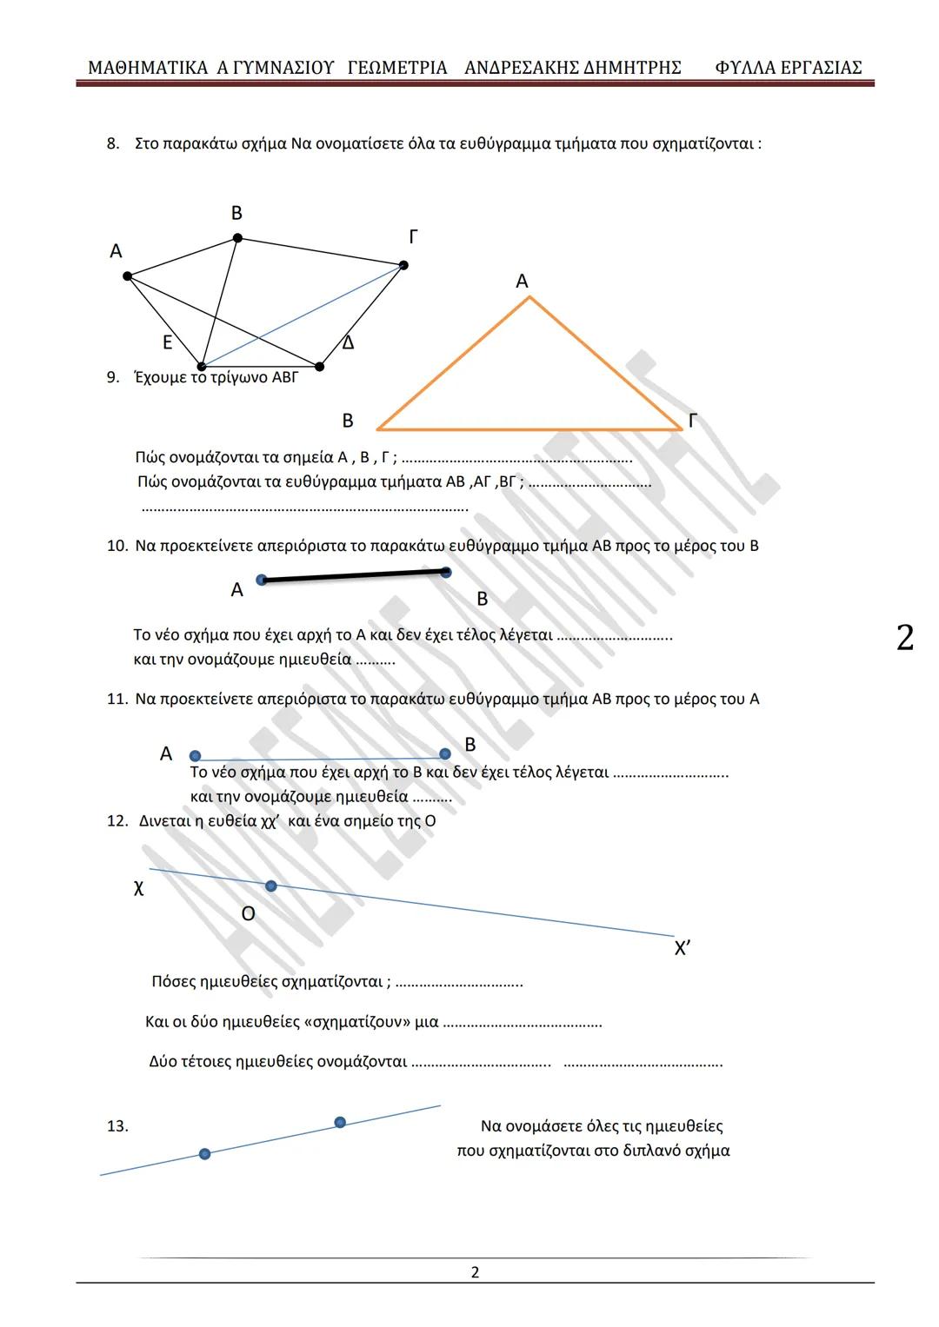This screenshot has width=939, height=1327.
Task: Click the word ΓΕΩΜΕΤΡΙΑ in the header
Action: (x=397, y=68)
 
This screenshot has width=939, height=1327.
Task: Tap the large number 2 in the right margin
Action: (x=905, y=638)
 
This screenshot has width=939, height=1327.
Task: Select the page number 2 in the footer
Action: (x=475, y=1272)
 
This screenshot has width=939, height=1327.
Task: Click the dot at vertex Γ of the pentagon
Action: (x=403, y=265)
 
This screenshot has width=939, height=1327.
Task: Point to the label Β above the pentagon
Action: (x=236, y=214)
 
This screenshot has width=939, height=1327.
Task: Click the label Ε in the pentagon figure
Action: (x=168, y=342)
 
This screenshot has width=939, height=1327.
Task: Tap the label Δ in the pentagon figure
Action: (x=348, y=343)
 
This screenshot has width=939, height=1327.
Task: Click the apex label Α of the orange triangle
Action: (x=522, y=282)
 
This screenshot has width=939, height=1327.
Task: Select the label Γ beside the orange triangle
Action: (x=692, y=421)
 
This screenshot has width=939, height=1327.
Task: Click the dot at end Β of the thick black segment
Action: (x=446, y=572)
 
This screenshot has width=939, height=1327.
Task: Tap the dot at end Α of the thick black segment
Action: (x=262, y=580)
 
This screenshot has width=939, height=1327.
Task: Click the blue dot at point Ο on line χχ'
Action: (x=271, y=886)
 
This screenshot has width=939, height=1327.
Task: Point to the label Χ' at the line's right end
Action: (x=683, y=948)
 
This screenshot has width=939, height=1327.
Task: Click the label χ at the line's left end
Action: (x=138, y=887)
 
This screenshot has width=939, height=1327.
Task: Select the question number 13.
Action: (x=117, y=1126)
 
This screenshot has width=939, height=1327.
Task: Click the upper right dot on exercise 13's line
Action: (x=340, y=1122)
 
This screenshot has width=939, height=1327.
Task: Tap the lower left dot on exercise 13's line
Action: (x=204, y=1154)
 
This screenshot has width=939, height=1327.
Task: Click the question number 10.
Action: (x=117, y=546)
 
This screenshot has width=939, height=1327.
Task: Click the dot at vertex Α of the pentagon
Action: (x=128, y=276)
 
